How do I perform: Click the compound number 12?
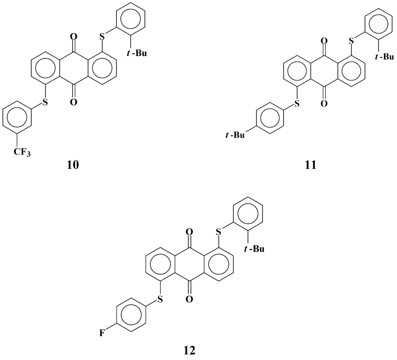189,350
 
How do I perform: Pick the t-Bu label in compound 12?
254,249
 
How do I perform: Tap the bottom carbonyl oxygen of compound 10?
73,102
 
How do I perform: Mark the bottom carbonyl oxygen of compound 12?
189,298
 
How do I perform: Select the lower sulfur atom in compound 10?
45,102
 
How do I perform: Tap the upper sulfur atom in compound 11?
352,40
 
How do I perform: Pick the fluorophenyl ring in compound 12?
131,314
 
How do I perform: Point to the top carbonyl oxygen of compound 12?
189,233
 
